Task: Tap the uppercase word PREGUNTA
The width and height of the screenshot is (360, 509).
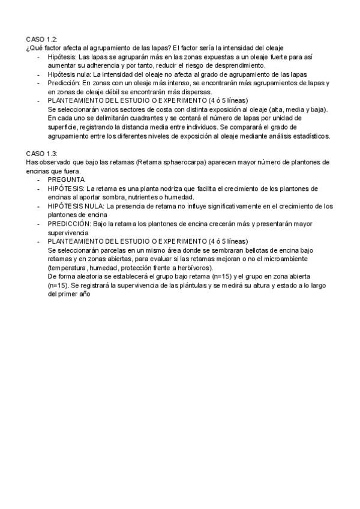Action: click(66, 179)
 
